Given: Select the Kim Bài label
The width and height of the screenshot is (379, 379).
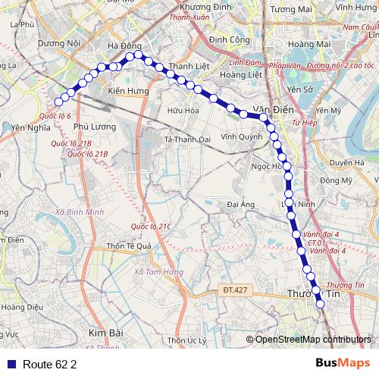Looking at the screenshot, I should (105, 333).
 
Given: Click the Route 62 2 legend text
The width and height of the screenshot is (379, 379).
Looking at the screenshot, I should (50, 365).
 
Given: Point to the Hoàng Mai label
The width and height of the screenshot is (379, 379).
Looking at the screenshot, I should (306, 44).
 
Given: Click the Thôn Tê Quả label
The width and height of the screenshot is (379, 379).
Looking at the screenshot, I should (130, 246).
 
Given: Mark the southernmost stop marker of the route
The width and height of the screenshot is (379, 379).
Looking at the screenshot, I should (321, 305).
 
